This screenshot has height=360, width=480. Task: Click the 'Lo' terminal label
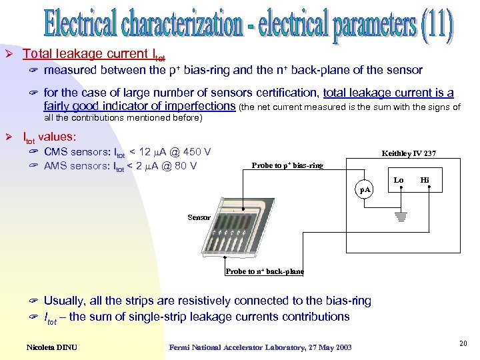pyautogui.click(x=399, y=180)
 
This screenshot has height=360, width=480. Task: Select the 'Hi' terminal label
pyautogui.click(x=425, y=180)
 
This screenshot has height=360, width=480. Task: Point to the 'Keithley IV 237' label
pyautogui.click(x=409, y=153)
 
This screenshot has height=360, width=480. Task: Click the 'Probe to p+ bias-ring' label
pyautogui.click(x=287, y=165)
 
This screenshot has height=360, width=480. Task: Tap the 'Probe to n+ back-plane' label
pyautogui.click(x=265, y=271)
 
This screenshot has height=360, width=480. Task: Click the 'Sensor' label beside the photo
pyautogui.click(x=199, y=217)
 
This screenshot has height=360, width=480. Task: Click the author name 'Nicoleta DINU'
pyautogui.click(x=53, y=346)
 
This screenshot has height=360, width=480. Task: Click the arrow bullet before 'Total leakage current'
pyautogui.click(x=9, y=54)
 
